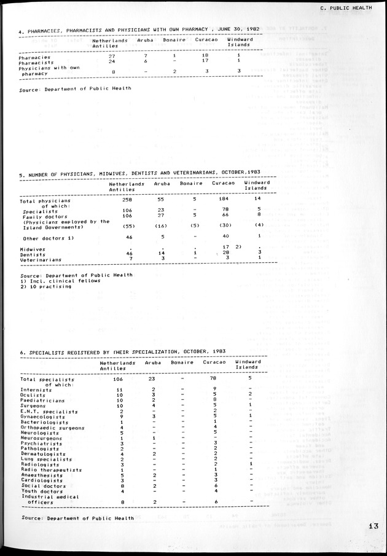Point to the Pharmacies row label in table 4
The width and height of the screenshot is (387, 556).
pyautogui.click(x=35, y=57)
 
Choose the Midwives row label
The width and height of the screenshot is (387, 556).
pyautogui.click(x=33, y=249)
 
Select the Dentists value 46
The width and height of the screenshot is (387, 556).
pyautogui.click(x=112, y=254)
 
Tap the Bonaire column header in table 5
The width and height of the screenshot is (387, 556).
pyautogui.click(x=191, y=184)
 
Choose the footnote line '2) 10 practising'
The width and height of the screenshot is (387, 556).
pyautogui.click(x=45, y=286)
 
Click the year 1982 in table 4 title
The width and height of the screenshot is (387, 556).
pyautogui.click(x=248, y=29)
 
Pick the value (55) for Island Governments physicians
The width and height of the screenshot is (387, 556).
pyautogui.click(x=117, y=227)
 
